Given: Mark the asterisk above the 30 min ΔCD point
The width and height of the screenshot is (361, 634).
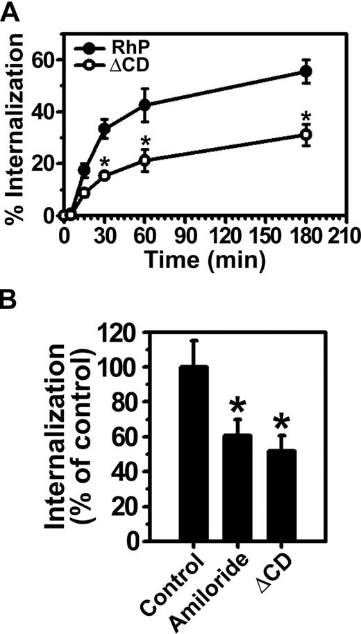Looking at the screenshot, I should click(104, 164).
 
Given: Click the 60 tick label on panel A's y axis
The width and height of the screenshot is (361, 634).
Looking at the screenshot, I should click(47, 60).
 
